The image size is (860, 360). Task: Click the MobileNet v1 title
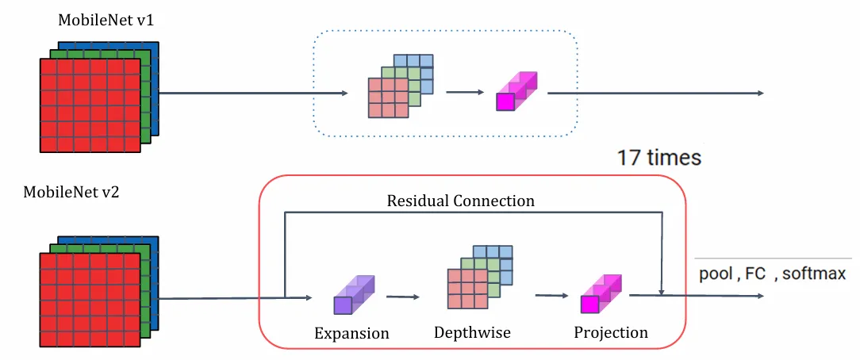(106, 21)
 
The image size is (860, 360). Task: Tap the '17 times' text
(659, 157)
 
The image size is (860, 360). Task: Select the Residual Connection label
(461, 201)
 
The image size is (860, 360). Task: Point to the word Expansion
(351, 333)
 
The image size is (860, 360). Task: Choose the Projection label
(611, 332)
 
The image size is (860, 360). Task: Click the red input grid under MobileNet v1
(90, 105)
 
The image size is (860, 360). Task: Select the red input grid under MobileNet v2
(90, 300)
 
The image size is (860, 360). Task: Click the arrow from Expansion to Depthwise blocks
(402, 297)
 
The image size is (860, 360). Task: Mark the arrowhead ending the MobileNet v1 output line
(759, 94)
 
